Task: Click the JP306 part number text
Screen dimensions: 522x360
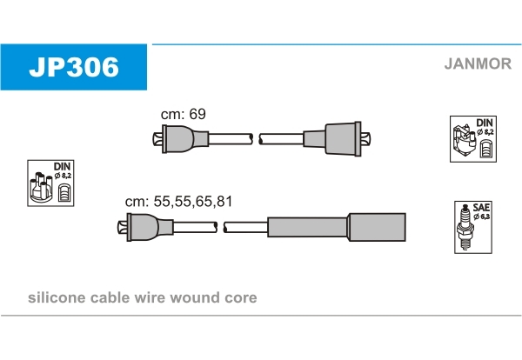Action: (74, 67)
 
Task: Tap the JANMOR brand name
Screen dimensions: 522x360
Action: (478, 63)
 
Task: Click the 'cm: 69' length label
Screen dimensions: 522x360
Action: (183, 114)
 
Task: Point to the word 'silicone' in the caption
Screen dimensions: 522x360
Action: (57, 297)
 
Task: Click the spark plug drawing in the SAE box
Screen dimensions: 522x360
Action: (465, 227)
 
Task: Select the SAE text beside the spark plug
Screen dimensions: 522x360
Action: (481, 208)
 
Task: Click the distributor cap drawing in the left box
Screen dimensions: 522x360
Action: (41, 187)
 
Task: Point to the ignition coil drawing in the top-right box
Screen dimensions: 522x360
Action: (465, 142)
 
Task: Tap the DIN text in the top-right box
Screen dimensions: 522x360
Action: (485, 123)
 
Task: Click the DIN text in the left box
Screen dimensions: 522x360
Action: (62, 166)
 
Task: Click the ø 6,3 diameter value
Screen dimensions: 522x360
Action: (481, 217)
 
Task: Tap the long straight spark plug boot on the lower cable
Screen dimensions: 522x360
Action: (337, 227)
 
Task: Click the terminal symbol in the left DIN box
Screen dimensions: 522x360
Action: (64, 192)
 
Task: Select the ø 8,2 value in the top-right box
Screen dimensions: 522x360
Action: (485, 132)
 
